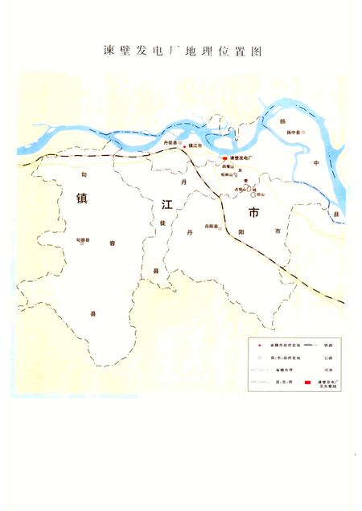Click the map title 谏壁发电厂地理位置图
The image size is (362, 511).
tap(183, 51)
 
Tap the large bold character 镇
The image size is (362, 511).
tap(82, 198)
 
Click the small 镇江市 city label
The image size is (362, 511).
tap(195, 145)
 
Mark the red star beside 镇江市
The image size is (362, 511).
tap(183, 145)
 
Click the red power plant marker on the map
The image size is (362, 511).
tap(224, 158)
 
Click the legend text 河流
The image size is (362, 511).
tap(327, 370)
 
